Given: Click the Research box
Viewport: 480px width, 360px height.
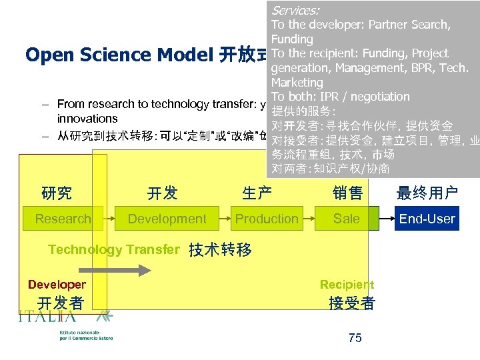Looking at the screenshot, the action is pyautogui.click(x=63, y=219).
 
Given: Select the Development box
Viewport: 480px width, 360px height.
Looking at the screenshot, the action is pyautogui.click(x=167, y=219).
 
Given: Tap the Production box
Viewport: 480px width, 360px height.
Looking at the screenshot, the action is pyautogui.click(x=267, y=219).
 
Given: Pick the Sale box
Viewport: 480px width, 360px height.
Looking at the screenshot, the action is pyautogui.click(x=347, y=219).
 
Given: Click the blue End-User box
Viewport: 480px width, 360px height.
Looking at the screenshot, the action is pyautogui.click(x=427, y=219).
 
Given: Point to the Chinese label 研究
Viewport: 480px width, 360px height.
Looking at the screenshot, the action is pyautogui.click(x=57, y=193).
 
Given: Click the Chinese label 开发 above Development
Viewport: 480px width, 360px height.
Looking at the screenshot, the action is pyautogui.click(x=162, y=193).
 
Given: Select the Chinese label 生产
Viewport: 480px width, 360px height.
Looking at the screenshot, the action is pyautogui.click(x=257, y=193).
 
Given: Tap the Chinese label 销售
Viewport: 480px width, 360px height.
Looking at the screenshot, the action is pyautogui.click(x=347, y=193).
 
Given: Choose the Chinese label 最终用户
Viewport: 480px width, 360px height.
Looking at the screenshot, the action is pyautogui.click(x=427, y=193).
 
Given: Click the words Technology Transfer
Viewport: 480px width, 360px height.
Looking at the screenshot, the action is pyautogui.click(x=114, y=249).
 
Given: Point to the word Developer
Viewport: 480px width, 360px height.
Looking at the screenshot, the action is pyautogui.click(x=57, y=285).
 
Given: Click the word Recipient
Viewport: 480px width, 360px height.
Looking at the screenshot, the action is pyautogui.click(x=347, y=285).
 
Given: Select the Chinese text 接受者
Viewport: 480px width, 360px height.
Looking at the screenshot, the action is pyautogui.click(x=352, y=303).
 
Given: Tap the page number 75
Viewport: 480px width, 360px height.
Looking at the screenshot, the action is pyautogui.click(x=355, y=338).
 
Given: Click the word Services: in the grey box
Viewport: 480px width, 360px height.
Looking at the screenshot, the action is pyautogui.click(x=295, y=10).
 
